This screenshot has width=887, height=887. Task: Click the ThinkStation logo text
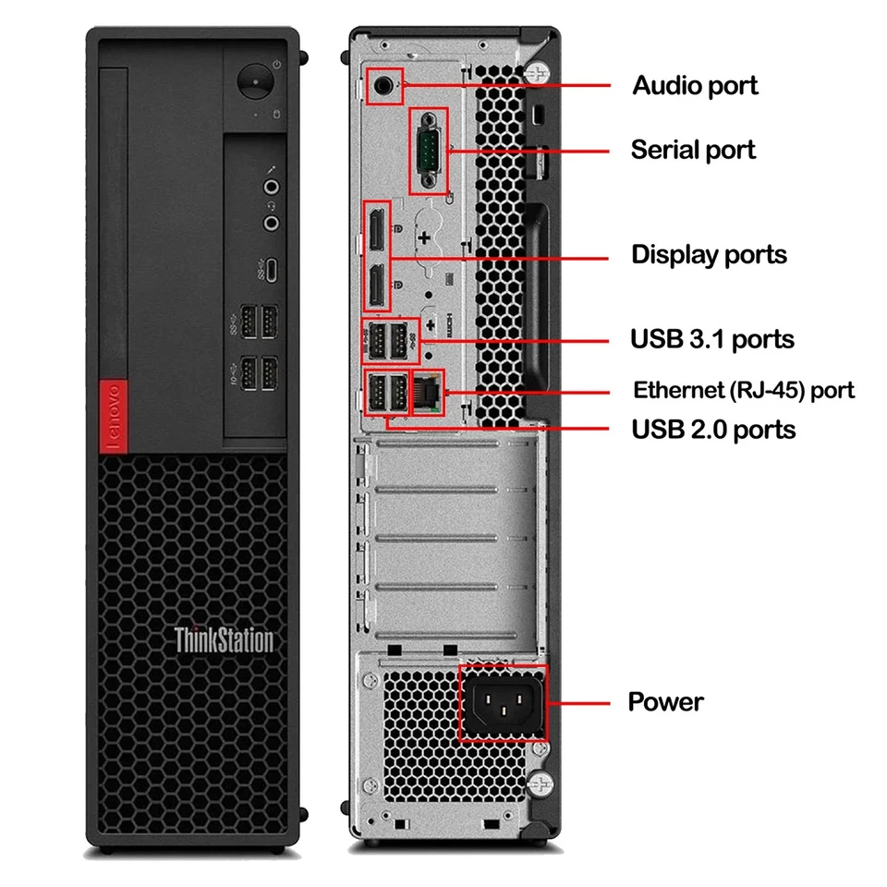pos(224,639)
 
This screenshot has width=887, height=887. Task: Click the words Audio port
pos(695,86)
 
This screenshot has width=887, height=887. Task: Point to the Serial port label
pos(693,150)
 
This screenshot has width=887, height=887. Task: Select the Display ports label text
pos(709,255)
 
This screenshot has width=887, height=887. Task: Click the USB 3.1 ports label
pos(711,339)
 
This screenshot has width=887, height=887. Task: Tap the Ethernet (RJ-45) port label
pos(743,390)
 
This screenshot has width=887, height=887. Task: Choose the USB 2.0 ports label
pos(712,429)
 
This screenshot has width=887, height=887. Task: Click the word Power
pos(665,701)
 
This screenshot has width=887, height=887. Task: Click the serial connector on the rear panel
pos(429,150)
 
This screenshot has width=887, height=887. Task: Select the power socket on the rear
pos(503,702)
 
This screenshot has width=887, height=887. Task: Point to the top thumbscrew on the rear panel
pos(539,72)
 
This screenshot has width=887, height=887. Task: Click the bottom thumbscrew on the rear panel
pos(541,784)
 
